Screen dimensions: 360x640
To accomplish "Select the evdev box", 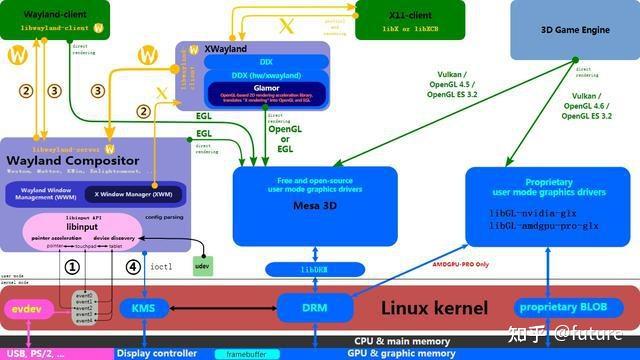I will coord(26,311).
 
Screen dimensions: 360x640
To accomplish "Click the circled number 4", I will coord(134,267).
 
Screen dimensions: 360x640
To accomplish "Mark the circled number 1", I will coord(71,267).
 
